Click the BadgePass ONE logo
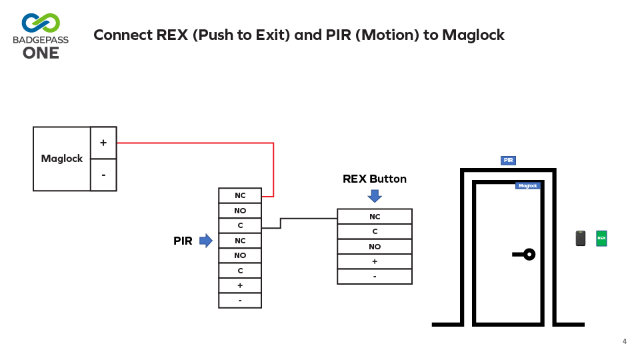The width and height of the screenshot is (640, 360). [40, 35]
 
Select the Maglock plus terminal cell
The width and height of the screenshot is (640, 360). [103, 143]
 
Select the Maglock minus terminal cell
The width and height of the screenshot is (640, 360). [103, 175]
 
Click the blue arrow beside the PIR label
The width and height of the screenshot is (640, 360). [205, 241]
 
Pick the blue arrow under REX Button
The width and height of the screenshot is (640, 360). [375, 195]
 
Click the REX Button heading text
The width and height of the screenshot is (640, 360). [375, 179]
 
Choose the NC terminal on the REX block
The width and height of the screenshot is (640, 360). [375, 217]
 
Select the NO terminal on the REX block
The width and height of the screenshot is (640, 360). [375, 247]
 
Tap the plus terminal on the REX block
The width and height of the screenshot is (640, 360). [375, 261]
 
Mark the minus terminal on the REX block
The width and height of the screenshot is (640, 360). [375, 277]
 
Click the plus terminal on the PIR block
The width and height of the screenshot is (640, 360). [240, 285]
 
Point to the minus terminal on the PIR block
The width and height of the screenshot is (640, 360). [240, 301]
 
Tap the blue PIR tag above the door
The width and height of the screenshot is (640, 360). [508, 161]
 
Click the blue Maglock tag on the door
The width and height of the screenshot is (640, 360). [527, 186]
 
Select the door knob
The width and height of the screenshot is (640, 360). [529, 254]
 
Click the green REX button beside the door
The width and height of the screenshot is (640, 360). [601, 238]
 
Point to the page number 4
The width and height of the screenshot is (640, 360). [625, 341]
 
